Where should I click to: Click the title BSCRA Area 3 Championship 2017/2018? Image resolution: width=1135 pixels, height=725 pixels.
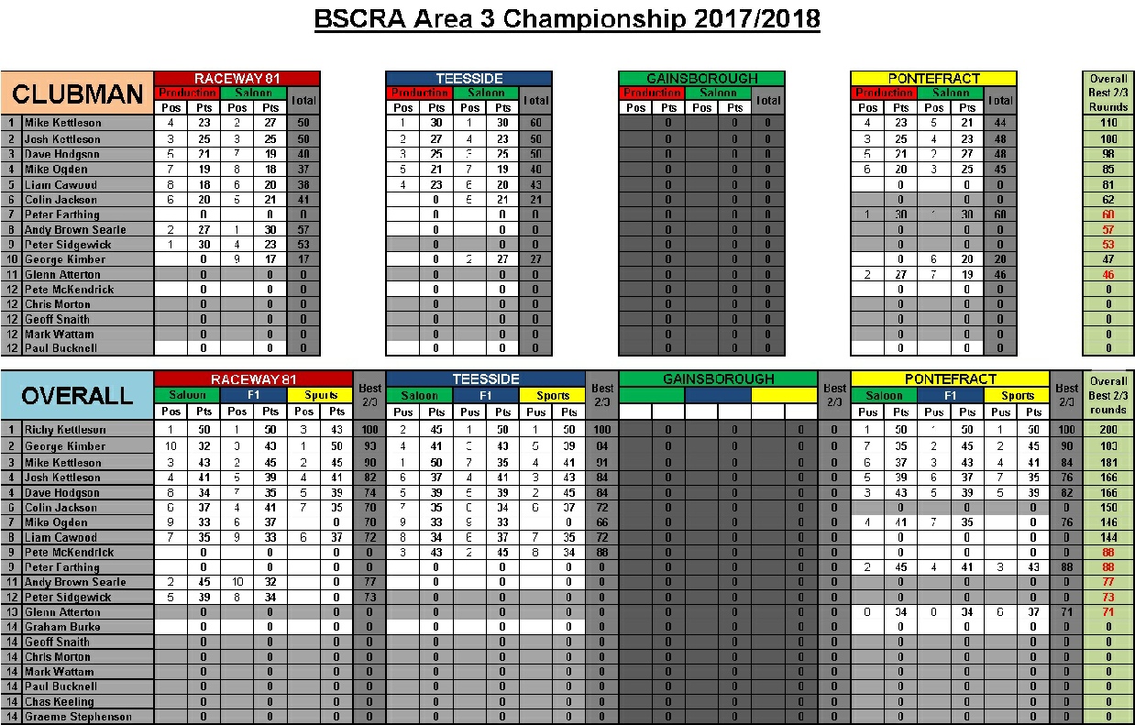(567, 19)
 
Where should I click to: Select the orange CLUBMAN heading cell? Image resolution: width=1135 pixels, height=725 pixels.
(78, 93)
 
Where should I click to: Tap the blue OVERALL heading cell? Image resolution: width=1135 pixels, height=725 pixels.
(78, 395)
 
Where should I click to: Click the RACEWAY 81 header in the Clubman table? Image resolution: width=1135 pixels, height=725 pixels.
(237, 79)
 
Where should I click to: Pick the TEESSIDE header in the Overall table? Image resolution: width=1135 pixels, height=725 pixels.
(485, 379)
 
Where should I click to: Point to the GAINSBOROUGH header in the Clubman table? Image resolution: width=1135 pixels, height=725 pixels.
(701, 79)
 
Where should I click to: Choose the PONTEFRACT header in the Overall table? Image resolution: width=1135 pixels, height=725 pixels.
(949, 379)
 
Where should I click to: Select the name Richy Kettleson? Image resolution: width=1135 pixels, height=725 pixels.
(66, 430)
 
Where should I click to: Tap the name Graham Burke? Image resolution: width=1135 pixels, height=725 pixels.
(63, 627)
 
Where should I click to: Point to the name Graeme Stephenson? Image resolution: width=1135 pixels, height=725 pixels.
(78, 717)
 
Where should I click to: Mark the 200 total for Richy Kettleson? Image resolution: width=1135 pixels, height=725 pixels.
(1107, 430)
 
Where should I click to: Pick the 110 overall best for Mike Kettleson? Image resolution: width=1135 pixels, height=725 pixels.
(1107, 123)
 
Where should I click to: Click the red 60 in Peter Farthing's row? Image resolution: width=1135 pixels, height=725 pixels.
(1107, 214)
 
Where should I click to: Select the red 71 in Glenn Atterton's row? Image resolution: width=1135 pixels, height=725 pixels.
(1107, 612)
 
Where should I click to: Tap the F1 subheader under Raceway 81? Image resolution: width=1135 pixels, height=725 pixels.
(254, 396)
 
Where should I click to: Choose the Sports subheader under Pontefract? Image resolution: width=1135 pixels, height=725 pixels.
(1018, 396)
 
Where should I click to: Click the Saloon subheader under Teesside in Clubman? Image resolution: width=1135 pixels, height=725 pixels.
(486, 93)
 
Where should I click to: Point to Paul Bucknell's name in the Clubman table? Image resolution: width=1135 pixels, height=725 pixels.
(61, 348)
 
